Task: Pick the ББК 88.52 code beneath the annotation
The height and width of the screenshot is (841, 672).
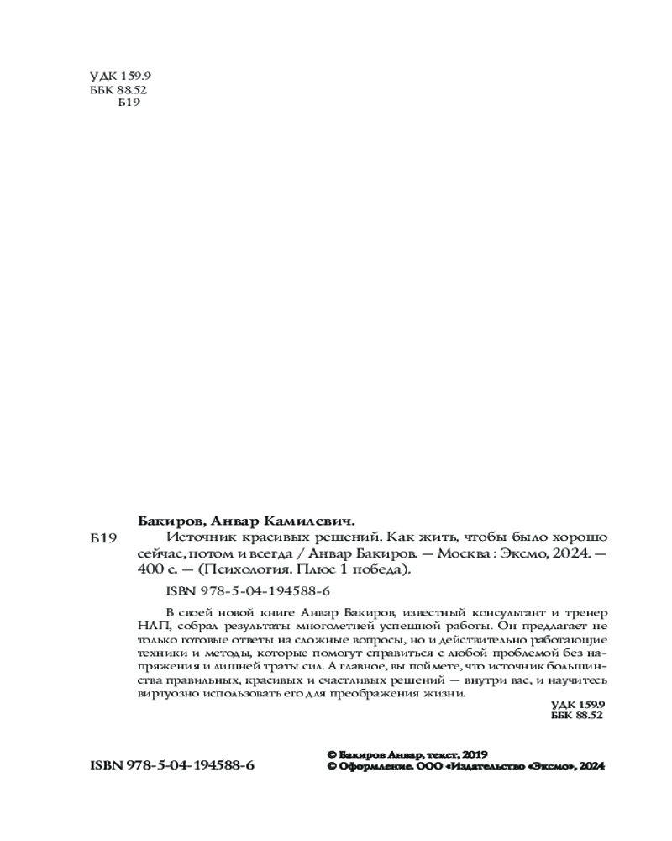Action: click(x=577, y=715)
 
